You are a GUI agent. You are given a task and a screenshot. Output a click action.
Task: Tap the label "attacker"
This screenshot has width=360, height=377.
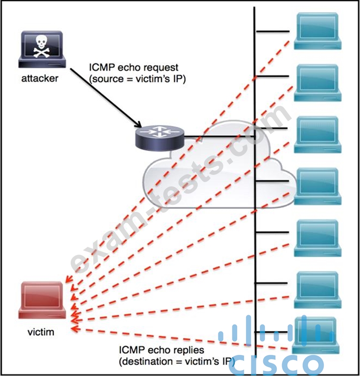coord(40,78)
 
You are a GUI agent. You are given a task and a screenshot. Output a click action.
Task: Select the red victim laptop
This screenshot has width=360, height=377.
coord(42,300)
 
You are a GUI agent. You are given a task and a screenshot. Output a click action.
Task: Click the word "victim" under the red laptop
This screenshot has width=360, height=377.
coord(41,332)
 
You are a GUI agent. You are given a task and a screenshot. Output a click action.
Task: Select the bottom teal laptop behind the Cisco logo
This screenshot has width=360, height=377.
coord(316,335)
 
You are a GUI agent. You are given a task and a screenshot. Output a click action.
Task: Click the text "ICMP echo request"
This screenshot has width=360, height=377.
coord(134,67)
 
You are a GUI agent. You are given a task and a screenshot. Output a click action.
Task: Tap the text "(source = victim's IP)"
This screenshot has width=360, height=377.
coord(138,79)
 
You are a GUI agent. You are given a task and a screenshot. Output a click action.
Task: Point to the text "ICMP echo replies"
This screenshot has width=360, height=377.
coord(161,350)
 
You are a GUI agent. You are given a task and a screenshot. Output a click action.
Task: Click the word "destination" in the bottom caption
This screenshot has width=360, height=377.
coord(146,361)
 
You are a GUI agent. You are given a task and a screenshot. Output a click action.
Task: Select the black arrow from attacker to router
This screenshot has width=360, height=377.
coord(106,98)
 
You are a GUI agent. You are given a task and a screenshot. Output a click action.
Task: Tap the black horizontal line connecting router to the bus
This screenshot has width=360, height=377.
coord(219,136)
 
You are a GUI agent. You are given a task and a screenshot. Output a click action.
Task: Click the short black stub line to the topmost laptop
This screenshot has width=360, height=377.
coord(273,31)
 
